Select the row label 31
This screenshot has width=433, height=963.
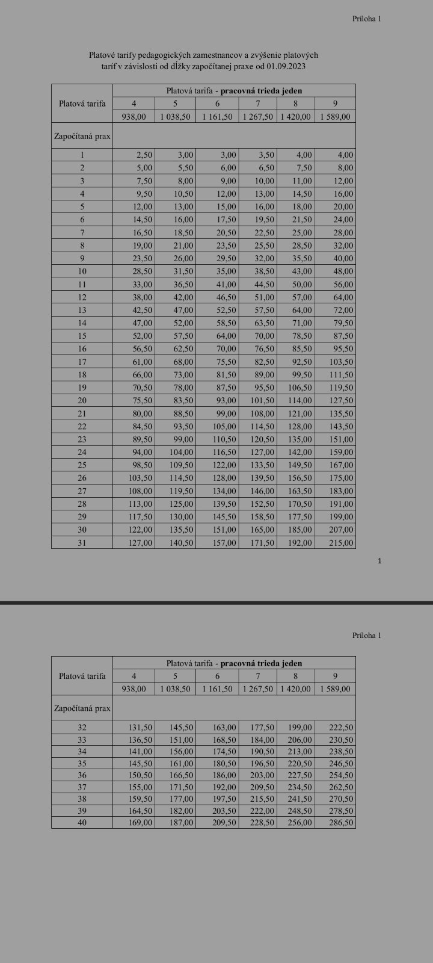[x=82, y=542]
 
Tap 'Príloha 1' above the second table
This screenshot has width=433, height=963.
[x=367, y=635]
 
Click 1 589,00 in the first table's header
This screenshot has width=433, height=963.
[x=336, y=117]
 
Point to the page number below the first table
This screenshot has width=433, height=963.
[x=379, y=561]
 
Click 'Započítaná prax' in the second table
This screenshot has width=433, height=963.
[x=82, y=708]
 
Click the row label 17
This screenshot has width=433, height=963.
[x=82, y=362]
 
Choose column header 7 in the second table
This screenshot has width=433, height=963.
[x=258, y=676]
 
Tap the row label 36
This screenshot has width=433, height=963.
[x=82, y=775]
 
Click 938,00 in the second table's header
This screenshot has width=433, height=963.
[x=134, y=689]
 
